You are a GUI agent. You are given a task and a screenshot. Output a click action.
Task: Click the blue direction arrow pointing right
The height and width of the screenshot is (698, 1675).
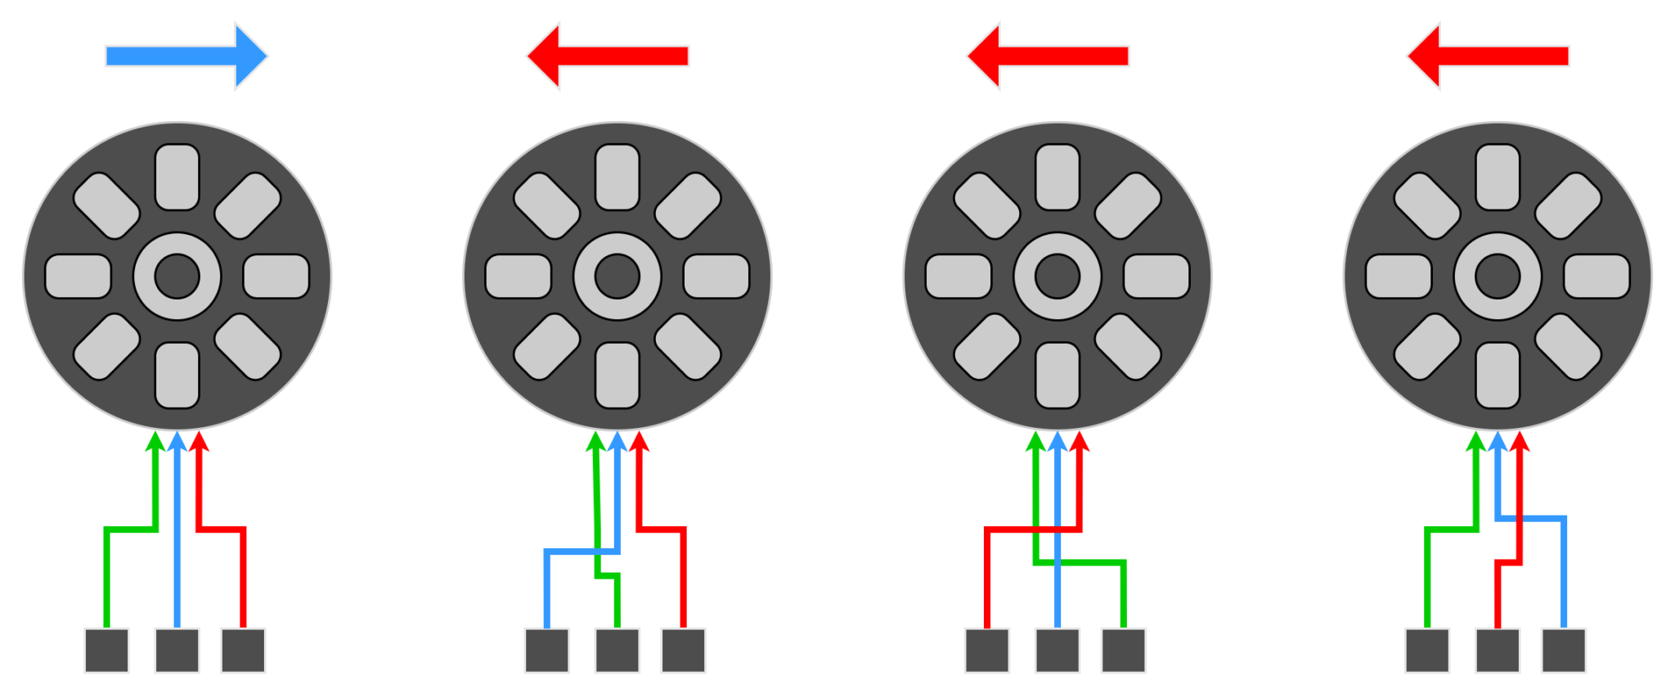tap(186, 56)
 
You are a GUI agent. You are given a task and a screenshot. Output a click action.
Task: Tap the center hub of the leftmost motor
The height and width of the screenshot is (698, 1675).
tap(177, 276)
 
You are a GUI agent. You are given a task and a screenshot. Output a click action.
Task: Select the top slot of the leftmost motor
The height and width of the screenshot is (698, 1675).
tap(177, 177)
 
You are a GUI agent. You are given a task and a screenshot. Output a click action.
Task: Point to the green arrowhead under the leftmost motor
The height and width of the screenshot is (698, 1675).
tap(155, 442)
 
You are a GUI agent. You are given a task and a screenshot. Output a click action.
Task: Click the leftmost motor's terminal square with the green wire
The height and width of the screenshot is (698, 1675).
tap(106, 651)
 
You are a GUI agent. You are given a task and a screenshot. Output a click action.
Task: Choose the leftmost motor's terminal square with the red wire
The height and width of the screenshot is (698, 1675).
tap(243, 651)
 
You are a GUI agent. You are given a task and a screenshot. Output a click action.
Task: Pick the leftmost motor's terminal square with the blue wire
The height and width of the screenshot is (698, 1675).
tap(177, 651)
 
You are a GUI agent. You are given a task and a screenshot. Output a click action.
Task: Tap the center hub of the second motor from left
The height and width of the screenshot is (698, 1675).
tap(617, 276)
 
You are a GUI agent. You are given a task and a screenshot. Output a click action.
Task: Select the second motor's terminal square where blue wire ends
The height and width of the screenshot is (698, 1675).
tap(546, 651)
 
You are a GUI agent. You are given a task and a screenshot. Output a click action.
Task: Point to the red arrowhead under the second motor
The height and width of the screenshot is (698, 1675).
tap(639, 442)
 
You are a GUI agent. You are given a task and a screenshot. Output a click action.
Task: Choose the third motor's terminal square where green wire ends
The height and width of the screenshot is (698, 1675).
tap(1123, 651)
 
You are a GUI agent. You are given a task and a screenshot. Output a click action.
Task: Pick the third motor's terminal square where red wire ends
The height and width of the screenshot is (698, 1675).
tap(986, 651)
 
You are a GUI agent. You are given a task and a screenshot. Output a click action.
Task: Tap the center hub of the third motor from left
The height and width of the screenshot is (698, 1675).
tap(1058, 276)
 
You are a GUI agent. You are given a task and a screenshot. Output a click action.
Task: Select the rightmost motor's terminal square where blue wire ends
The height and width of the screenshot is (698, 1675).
tap(1564, 651)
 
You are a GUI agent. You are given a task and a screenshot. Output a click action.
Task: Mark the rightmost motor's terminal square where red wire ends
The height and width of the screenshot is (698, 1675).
tap(1498, 651)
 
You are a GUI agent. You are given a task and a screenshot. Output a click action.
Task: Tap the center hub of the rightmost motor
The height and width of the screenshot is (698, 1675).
tap(1498, 276)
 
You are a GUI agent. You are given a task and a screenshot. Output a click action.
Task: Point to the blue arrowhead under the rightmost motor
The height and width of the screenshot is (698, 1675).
tap(1498, 442)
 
